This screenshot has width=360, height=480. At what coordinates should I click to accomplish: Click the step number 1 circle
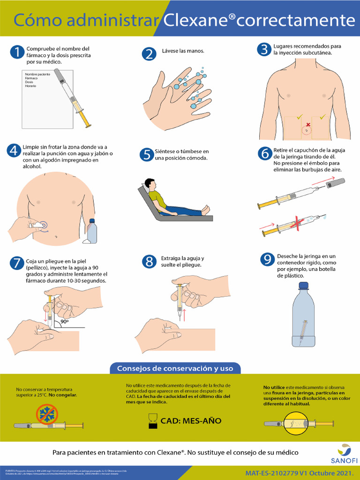pyautogui.click(x=16, y=52)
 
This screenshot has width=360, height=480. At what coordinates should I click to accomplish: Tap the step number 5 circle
pyautogui.click(x=147, y=155)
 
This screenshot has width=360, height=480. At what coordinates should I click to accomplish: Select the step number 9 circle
pyautogui.click(x=267, y=259)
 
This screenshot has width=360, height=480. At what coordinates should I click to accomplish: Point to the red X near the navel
pyautogui.click(x=308, y=125)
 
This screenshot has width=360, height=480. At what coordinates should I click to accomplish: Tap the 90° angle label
pyautogui.click(x=64, y=322)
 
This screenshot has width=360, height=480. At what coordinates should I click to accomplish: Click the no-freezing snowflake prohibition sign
pyautogui.click(x=47, y=415)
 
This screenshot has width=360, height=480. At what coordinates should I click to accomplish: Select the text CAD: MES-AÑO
pyautogui.click(x=191, y=421)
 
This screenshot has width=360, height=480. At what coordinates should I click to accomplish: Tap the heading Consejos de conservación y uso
pyautogui.click(x=175, y=368)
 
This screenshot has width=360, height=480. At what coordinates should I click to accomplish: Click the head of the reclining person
pyautogui.click(x=150, y=184)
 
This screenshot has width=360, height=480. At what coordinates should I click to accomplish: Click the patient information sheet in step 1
pyautogui.click(x=47, y=98)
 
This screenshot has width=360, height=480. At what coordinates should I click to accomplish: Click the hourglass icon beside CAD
pyautogui.click(x=153, y=420)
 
